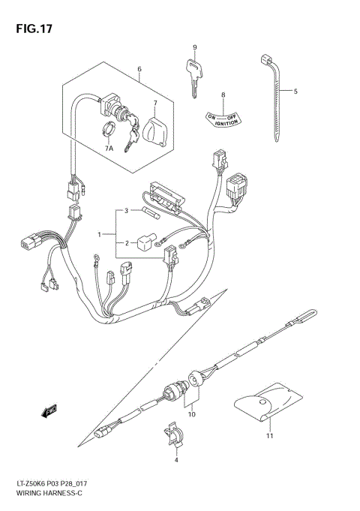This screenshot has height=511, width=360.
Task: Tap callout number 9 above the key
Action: tap(194, 48)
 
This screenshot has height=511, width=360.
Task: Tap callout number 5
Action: tap(295, 92)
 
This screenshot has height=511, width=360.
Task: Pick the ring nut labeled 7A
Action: tap(107, 131)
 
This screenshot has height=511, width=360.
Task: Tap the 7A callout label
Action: tap(109, 149)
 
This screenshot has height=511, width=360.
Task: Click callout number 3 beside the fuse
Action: tap(127, 211)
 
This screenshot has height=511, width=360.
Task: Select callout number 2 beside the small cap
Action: tap(127, 242)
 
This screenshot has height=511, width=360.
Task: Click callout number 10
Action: tap(192, 414)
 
